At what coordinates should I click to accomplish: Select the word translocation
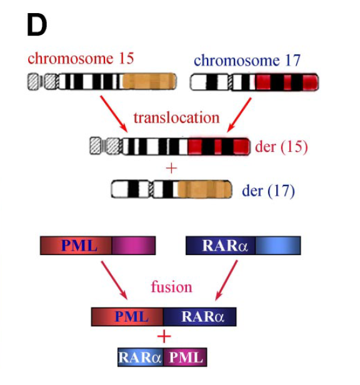tap(176, 117)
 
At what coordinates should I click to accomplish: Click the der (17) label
tap(267, 190)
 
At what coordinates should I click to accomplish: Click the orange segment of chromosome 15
tap(150, 82)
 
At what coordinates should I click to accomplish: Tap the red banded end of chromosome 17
tap(287, 82)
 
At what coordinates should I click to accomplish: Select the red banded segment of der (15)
tap(219, 147)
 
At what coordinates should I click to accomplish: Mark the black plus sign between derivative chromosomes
tap(170, 167)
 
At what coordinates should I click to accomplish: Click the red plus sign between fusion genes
tap(164, 337)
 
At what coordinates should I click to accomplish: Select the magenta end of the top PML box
tap(134, 246)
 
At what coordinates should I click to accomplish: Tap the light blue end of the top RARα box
tap(277, 246)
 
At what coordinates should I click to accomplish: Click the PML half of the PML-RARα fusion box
tap(127, 317)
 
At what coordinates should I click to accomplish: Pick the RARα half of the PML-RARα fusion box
tap(200, 317)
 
